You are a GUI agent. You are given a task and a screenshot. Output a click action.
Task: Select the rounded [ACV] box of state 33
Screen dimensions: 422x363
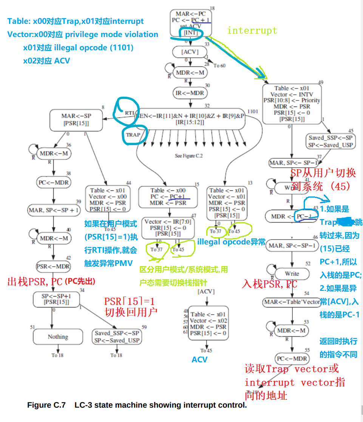(190, 52)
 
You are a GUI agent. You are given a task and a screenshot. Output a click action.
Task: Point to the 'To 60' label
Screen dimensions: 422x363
(219, 65)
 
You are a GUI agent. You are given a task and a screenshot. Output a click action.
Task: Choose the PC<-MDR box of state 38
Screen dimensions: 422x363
(53, 182)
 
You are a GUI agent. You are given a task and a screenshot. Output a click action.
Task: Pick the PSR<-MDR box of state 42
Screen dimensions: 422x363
(53, 266)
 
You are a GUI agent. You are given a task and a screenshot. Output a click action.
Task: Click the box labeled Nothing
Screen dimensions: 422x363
(58, 337)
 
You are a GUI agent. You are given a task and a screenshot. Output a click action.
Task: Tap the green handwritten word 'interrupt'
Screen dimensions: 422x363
(252, 31)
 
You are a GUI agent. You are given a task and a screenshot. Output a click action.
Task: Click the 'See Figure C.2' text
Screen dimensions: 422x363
(189, 156)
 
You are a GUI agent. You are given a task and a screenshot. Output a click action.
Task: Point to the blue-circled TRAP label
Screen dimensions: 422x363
(132, 135)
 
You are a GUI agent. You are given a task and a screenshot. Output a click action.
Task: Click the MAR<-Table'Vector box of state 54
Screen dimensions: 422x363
(292, 302)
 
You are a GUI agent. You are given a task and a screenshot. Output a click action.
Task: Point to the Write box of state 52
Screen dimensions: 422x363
(292, 274)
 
